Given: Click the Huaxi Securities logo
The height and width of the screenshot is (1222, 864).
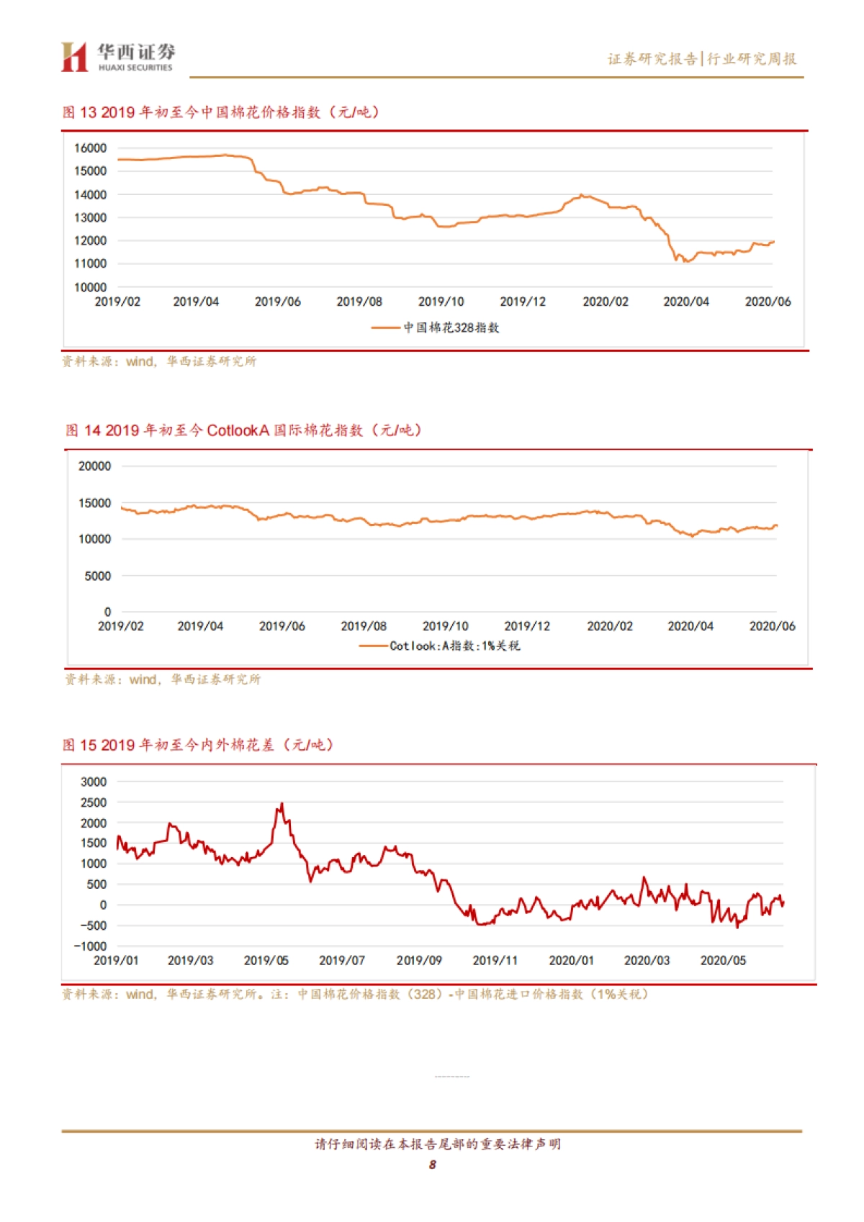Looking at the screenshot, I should (x=117, y=57).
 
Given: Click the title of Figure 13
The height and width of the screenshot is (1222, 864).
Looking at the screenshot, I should (x=220, y=112).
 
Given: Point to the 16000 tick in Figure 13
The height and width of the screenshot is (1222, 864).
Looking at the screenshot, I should (x=90, y=148).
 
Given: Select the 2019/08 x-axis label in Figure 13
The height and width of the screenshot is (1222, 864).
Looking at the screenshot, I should (x=359, y=302).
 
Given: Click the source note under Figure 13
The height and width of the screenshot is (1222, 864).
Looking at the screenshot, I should (x=158, y=361).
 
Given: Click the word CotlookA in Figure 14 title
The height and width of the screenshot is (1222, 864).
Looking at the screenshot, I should (x=238, y=430).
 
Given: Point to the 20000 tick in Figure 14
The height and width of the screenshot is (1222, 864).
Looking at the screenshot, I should (x=94, y=466).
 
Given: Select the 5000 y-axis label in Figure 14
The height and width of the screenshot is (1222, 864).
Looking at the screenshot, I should (x=98, y=576).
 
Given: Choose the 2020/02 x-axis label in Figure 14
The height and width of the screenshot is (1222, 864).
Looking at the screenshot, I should (x=609, y=627).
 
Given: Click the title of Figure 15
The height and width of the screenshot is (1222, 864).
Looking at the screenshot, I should (x=198, y=745).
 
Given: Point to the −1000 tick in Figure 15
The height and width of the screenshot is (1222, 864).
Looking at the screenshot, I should (x=91, y=946).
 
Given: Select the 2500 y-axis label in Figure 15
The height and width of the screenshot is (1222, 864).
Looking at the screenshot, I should (x=94, y=802).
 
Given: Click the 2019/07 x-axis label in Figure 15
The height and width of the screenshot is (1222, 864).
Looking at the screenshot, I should (x=341, y=961).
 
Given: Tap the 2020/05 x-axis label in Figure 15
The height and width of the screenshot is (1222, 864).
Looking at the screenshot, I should (x=722, y=961).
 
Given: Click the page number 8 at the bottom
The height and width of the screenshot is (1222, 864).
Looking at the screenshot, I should (x=432, y=1164).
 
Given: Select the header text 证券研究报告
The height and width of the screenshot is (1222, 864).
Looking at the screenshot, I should (x=652, y=59).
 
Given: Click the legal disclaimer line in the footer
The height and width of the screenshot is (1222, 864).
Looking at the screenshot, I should (x=437, y=1144).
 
